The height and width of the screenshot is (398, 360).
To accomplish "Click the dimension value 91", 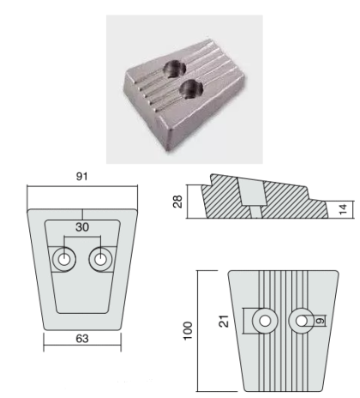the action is (81, 177).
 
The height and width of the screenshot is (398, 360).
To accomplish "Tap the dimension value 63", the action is (82, 339).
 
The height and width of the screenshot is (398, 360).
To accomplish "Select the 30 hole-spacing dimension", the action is (82, 227).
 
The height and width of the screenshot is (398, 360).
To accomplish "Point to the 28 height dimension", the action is (177, 202).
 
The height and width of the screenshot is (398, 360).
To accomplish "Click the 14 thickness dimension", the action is (342, 209).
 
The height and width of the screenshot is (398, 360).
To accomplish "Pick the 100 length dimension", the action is (188, 330).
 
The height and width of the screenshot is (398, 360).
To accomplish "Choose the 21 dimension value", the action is (224, 321).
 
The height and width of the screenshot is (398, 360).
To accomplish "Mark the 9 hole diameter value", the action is (321, 321).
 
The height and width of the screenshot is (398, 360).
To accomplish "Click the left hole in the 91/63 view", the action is (64, 260).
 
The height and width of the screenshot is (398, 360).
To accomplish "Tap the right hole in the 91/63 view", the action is (100, 260).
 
